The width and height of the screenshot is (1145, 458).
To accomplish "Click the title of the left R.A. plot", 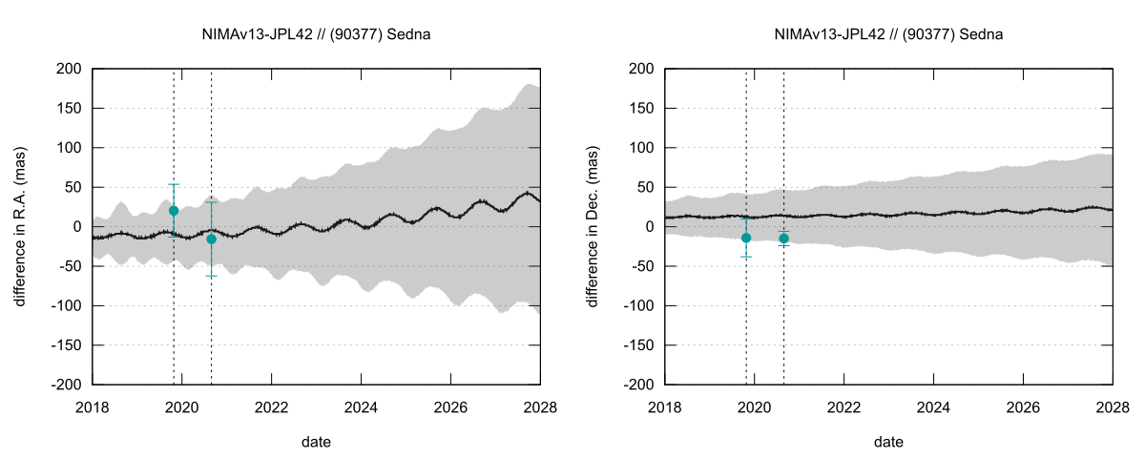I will [x=317, y=34].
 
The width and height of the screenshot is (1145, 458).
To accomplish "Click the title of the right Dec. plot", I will [x=889, y=34].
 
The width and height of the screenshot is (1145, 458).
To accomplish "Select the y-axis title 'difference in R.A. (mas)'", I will [x=20, y=226].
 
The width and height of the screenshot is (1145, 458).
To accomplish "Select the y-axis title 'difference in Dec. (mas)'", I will [x=593, y=226].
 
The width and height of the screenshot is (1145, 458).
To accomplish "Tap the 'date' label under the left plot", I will [x=317, y=442].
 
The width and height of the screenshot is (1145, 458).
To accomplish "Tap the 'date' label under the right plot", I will [x=889, y=442].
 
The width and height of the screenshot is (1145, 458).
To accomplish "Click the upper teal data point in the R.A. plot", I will [x=174, y=211].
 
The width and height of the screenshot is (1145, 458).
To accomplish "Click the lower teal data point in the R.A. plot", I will [x=211, y=239].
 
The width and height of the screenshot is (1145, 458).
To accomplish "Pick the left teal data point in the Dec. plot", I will [x=746, y=238].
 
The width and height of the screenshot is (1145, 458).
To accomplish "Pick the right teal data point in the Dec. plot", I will [x=784, y=238].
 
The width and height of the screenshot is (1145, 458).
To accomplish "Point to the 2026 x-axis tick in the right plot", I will [x=1024, y=406].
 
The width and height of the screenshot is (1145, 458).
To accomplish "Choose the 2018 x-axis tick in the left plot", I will [x=94, y=406].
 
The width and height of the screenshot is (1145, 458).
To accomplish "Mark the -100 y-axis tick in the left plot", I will [x=65, y=305].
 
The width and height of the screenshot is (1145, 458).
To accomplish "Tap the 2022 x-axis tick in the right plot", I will [x=844, y=406].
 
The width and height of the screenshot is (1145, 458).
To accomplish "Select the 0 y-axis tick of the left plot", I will [x=76, y=227].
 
